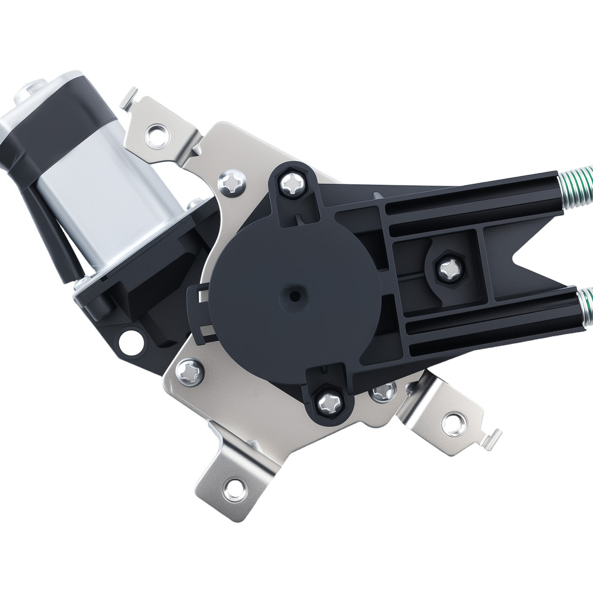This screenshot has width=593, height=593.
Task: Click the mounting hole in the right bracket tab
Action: click(x=454, y=422)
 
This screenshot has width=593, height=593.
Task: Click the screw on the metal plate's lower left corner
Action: click(x=190, y=372)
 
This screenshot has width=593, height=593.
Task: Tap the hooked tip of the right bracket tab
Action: click(x=493, y=439)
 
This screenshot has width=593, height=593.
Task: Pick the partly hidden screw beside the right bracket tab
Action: click(x=382, y=391)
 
